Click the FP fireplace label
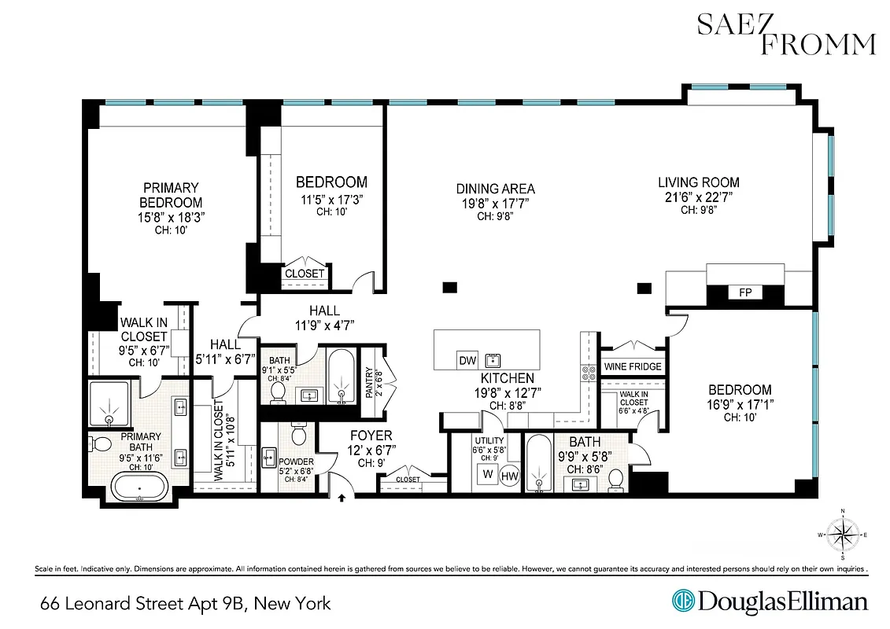tap(744, 293)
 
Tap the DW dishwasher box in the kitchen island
tap(467, 361)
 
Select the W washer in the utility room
tap(486, 474)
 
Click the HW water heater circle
tap(510, 475)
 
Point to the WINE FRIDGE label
tap(633, 367)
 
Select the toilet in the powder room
tap(299, 434)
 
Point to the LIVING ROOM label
tap(699, 182)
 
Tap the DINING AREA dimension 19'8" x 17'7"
tap(496, 201)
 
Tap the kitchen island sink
tap(493, 360)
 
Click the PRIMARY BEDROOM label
tap(171, 195)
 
